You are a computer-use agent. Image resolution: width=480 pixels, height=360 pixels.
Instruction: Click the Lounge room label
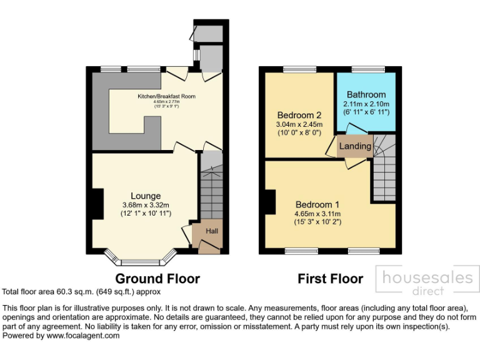(146, 196)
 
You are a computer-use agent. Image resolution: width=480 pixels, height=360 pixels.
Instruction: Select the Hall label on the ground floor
(212, 231)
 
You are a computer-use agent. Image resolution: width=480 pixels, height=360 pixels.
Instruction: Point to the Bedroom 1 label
(317, 204)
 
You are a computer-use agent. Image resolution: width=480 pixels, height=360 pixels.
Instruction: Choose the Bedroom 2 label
(299, 115)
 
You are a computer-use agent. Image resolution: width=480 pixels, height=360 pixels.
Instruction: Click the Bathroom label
(366, 94)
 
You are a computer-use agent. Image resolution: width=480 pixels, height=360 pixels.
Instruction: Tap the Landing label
(355, 146)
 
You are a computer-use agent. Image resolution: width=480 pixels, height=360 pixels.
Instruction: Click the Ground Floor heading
(157, 279)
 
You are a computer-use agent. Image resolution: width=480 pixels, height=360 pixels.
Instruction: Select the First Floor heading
(330, 279)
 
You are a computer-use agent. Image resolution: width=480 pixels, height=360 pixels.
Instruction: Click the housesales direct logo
(427, 281)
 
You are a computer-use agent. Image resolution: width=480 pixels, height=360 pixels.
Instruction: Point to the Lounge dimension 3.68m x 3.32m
(146, 205)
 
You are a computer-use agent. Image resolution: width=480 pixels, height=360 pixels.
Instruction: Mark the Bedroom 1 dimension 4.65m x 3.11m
(317, 213)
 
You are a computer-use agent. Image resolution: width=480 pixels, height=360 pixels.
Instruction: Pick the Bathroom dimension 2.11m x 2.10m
(366, 104)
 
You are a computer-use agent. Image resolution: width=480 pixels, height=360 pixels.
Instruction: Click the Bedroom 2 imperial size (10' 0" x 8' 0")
(299, 132)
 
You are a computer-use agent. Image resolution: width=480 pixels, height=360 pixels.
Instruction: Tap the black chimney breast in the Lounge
(97, 204)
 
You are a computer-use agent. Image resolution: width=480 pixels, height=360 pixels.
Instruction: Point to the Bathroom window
(366, 69)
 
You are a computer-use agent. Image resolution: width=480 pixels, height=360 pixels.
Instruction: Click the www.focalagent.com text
(82, 336)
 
